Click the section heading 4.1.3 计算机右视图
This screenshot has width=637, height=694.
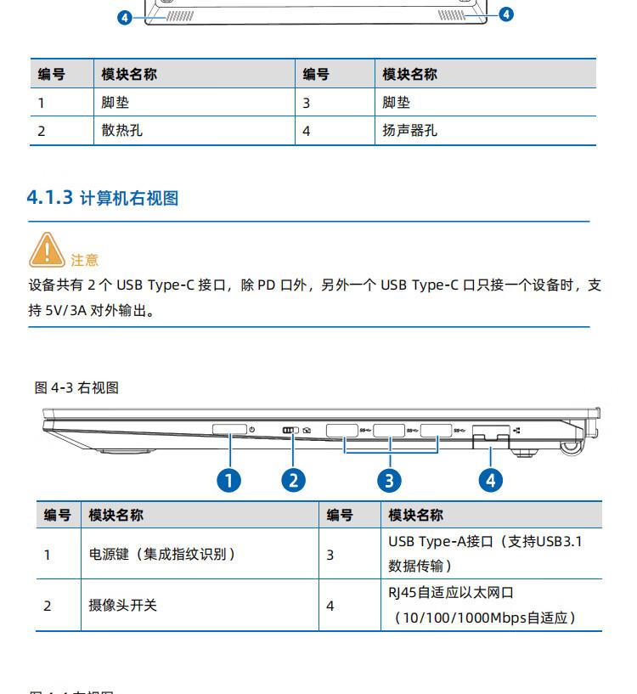coord(104,198)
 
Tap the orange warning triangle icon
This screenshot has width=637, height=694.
coord(48,249)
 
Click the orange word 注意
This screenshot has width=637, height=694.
coord(84,260)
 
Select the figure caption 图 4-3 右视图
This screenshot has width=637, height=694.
coord(76,387)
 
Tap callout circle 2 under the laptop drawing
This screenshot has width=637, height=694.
coord(293,480)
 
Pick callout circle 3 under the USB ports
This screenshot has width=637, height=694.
coord(389,480)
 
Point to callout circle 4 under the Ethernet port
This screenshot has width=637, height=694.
coord(490,480)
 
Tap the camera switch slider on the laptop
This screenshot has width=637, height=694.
coord(290,430)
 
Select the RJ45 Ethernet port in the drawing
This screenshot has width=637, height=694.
coord(490,433)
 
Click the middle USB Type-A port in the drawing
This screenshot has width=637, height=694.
coord(388,430)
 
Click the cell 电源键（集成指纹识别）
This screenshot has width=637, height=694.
coord(162,554)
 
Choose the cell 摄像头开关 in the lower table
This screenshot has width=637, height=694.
coord(123,605)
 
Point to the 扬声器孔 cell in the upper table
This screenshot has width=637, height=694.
coord(410,131)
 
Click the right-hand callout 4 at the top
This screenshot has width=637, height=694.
coord(506,14)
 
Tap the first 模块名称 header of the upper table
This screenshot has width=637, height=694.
coord(129,74)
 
